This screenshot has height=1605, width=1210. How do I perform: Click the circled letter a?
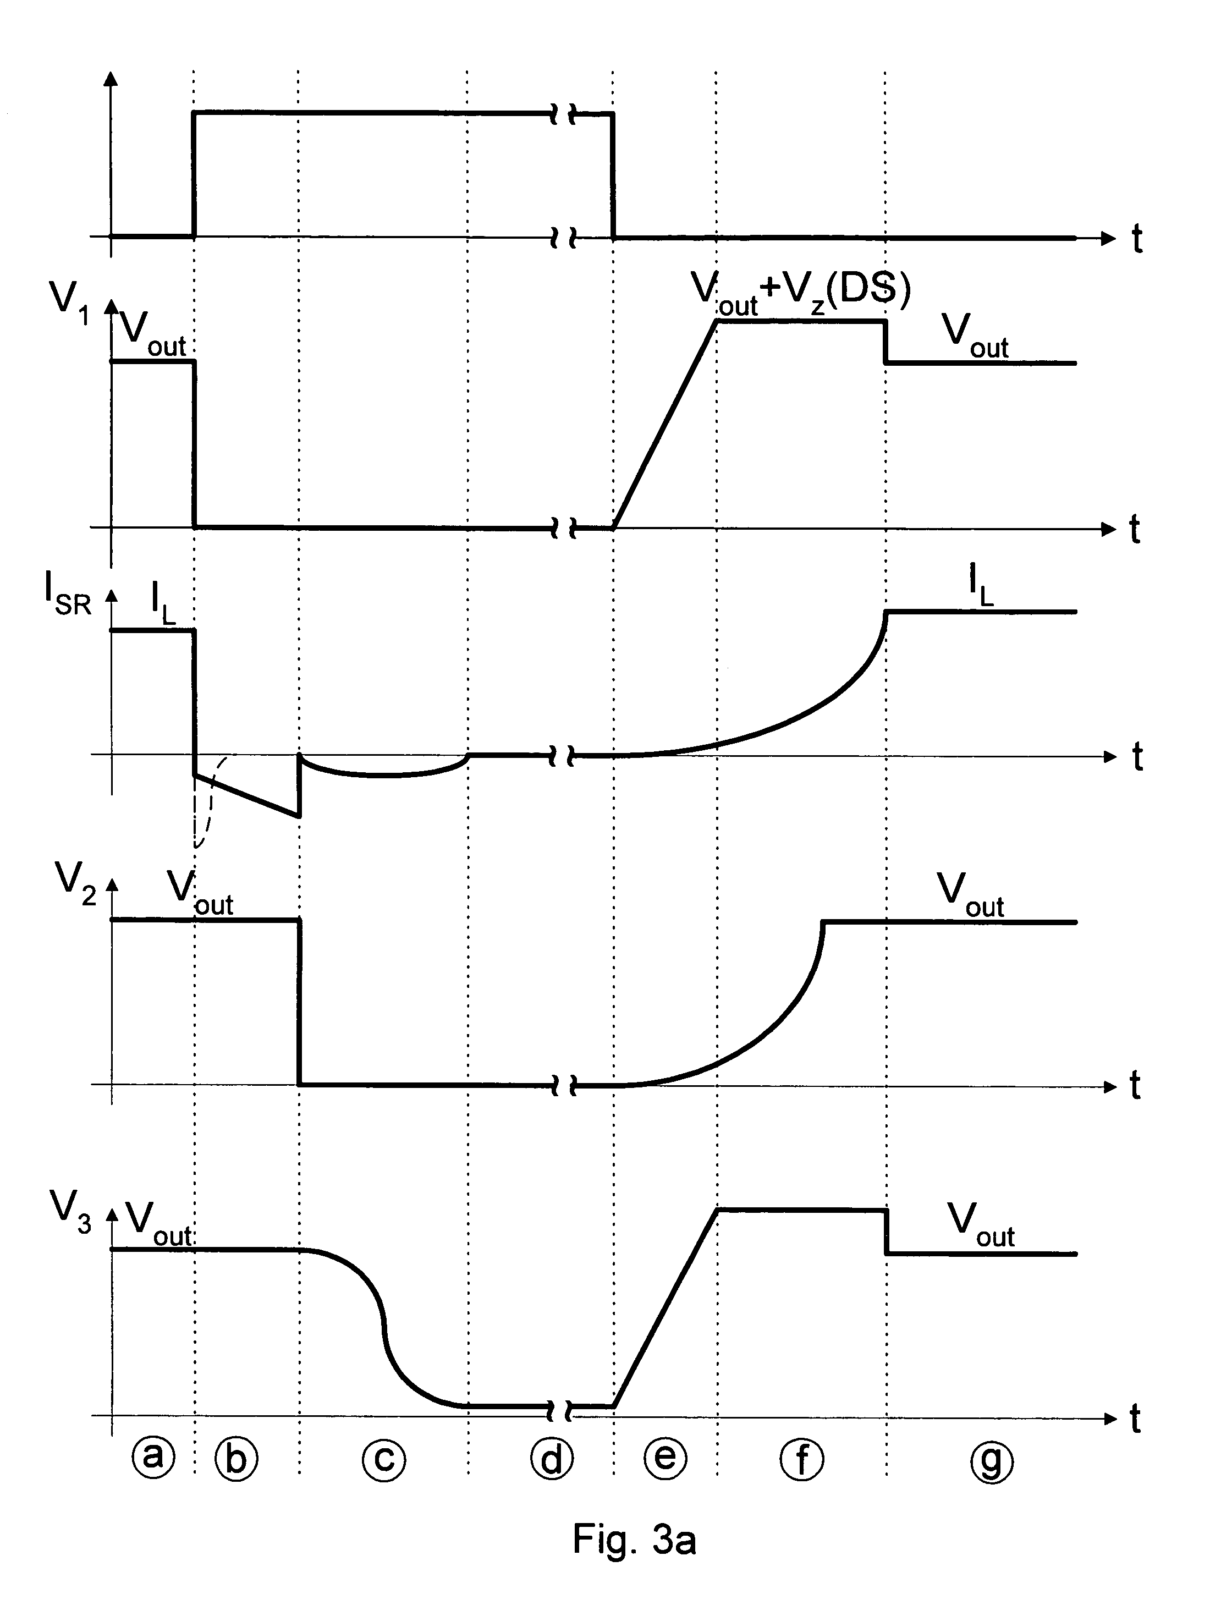(153, 1457)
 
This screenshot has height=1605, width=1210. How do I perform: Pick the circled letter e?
(665, 1457)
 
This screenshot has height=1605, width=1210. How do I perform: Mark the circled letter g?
(991, 1459)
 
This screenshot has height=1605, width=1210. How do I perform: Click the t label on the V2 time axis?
(1135, 1086)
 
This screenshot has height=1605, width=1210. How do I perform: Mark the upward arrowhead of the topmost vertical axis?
(111, 79)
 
